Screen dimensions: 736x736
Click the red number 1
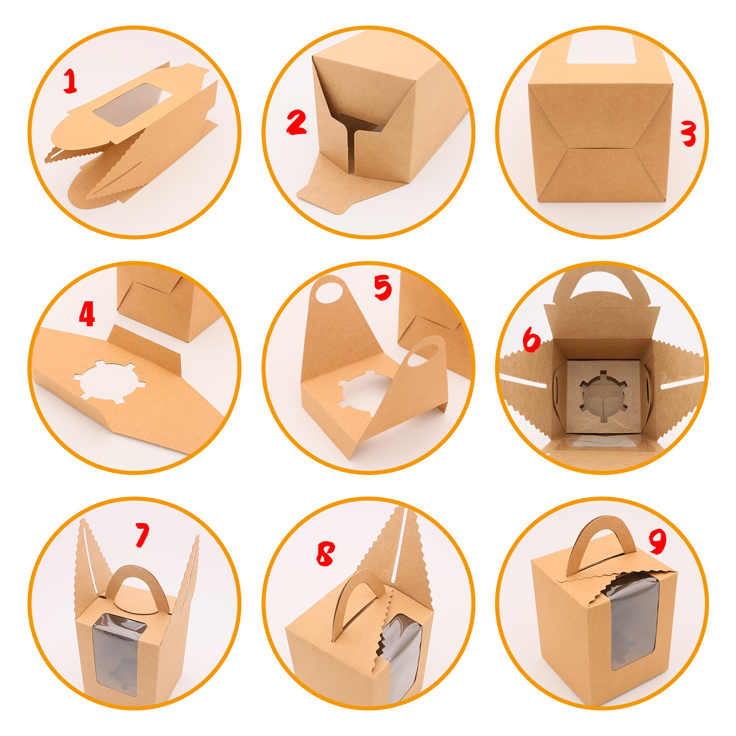click(x=70, y=81)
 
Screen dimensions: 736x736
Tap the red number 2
click(x=296, y=123)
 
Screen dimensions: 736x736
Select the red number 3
click(x=688, y=133)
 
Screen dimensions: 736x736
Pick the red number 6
click(x=531, y=340)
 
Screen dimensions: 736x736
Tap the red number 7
click(x=142, y=535)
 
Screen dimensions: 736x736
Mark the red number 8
click(x=325, y=554)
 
